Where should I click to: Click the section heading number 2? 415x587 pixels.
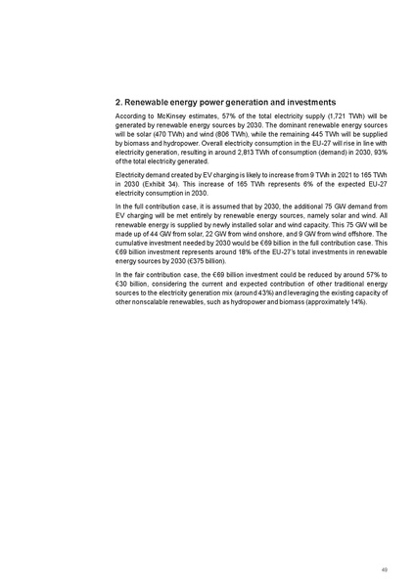[x=118, y=102]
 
